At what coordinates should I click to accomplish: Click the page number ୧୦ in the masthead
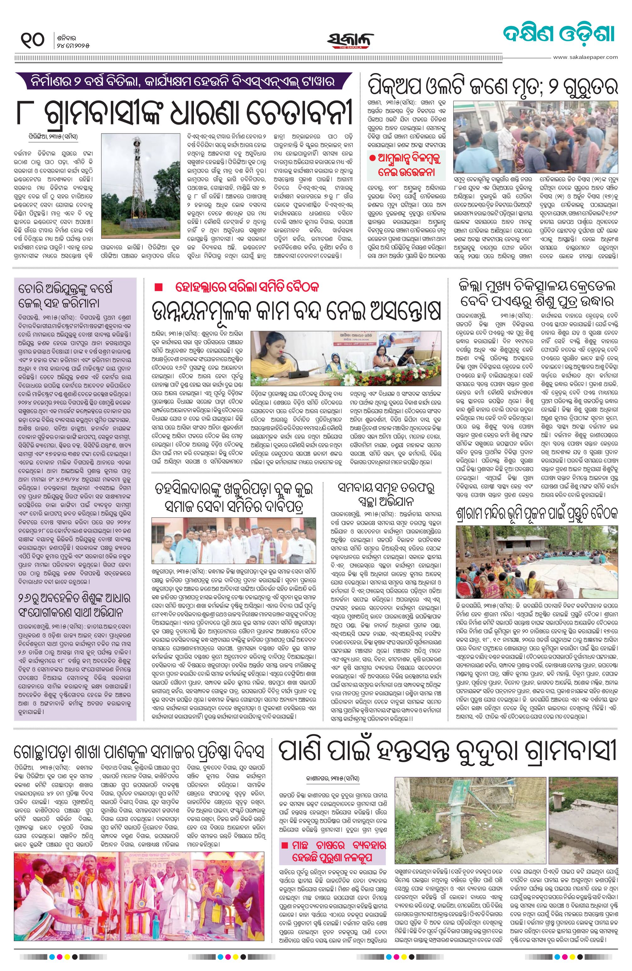pyautogui.click(x=32, y=40)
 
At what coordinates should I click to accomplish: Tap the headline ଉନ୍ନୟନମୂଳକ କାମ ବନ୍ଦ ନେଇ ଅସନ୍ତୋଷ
pyautogui.click(x=296, y=312)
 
